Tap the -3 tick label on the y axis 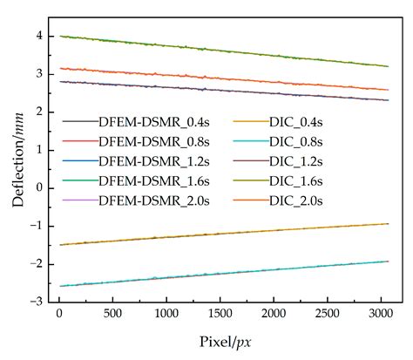37,302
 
